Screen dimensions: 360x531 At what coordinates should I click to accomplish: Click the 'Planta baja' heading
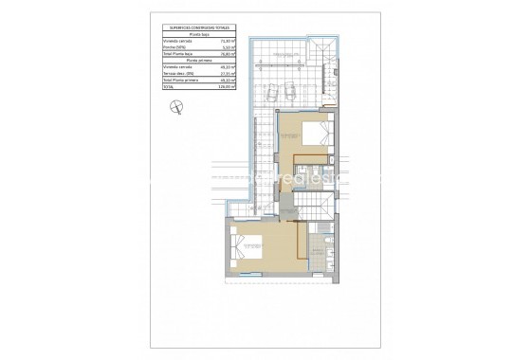199,34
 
